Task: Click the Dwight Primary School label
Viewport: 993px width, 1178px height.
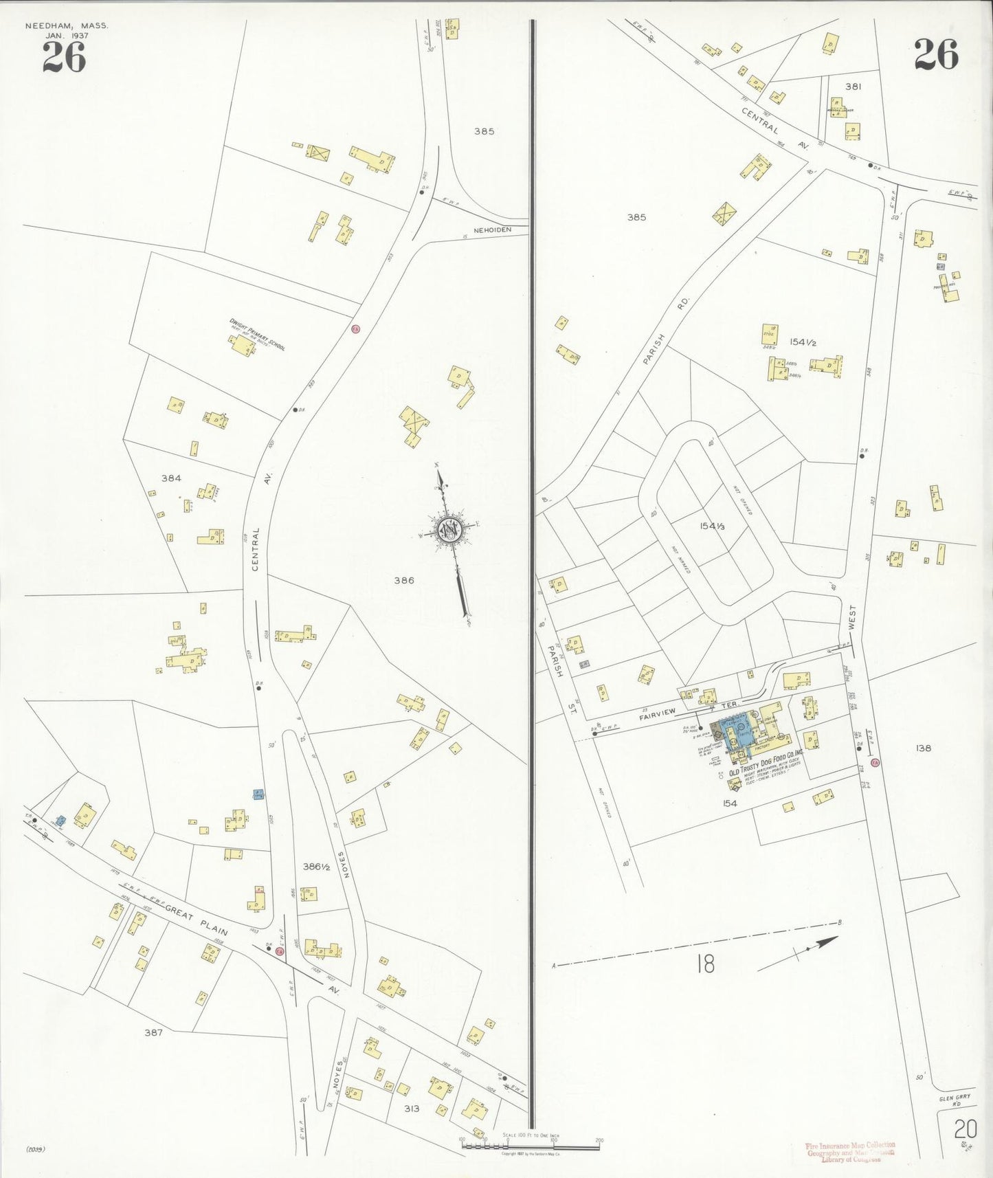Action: [258, 334]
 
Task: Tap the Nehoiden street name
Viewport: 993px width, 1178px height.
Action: [493, 230]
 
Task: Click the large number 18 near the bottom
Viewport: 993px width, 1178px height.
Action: [705, 964]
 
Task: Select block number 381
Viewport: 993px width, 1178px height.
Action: [853, 87]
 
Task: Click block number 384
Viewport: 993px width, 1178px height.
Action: [171, 478]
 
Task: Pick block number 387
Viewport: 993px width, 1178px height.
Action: [153, 1032]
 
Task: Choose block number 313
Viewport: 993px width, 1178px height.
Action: [411, 1109]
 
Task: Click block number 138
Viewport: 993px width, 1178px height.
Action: [923, 748]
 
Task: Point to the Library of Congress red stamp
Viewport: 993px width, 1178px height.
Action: [850, 1153]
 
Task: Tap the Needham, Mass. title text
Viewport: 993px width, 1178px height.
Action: [67, 26]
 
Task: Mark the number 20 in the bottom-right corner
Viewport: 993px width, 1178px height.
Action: [964, 1129]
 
